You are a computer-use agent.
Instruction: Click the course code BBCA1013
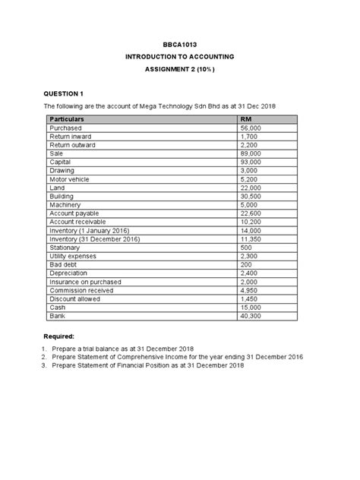click(x=180, y=46)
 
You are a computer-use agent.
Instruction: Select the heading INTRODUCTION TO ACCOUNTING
click(x=180, y=57)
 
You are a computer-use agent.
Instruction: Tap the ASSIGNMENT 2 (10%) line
click(x=180, y=69)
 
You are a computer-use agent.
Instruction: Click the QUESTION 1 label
click(x=66, y=93)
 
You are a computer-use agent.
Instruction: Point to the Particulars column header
click(x=67, y=120)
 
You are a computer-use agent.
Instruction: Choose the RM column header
click(x=246, y=120)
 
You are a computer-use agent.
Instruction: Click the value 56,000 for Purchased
click(x=251, y=129)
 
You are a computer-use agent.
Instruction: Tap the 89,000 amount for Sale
click(x=251, y=153)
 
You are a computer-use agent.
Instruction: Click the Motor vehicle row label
click(x=69, y=179)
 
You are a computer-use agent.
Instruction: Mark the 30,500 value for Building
click(x=251, y=196)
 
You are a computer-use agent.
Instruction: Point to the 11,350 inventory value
click(x=251, y=238)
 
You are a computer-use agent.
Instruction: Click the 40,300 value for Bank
click(x=251, y=315)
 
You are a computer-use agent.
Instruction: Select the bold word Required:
click(x=59, y=335)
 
